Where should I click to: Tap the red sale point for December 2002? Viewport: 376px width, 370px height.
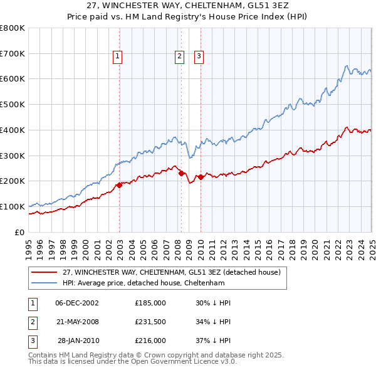point(119,184)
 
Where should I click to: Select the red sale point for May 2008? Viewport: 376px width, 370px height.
point(181,172)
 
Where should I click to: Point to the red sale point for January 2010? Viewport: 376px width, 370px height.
point(201,177)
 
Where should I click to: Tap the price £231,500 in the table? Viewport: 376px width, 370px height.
point(150,322)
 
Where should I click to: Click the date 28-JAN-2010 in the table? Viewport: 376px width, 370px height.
point(78,341)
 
